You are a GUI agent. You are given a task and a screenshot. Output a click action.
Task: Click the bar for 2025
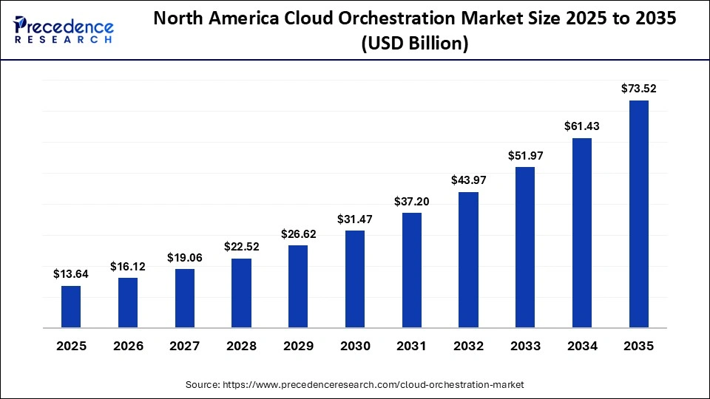[71, 307]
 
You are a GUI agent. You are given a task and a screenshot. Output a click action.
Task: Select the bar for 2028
[241, 293]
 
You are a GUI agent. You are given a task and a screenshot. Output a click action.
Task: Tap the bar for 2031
[411, 270]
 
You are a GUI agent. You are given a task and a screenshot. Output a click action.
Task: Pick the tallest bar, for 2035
[638, 214]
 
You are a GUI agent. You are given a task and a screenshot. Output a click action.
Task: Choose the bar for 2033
[525, 247]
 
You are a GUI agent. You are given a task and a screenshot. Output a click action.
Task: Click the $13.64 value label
[71, 274]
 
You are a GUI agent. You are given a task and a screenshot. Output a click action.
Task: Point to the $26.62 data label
[298, 233]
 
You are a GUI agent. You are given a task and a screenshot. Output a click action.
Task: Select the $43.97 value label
[468, 180]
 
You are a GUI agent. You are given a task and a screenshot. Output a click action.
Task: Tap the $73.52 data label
[638, 89]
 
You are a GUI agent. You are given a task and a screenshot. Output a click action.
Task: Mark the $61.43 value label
[582, 126]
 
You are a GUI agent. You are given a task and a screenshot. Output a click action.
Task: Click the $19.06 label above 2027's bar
[184, 257]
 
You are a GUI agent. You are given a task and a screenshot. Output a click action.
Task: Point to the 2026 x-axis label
[128, 346]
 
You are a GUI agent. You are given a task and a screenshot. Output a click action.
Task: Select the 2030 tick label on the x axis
[355, 346]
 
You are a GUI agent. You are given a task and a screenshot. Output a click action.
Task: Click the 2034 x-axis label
[582, 346]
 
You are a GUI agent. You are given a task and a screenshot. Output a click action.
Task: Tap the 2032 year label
[468, 346]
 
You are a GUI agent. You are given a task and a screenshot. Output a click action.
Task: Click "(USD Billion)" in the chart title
[414, 44]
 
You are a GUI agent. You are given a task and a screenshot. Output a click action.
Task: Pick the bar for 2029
[298, 286]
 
